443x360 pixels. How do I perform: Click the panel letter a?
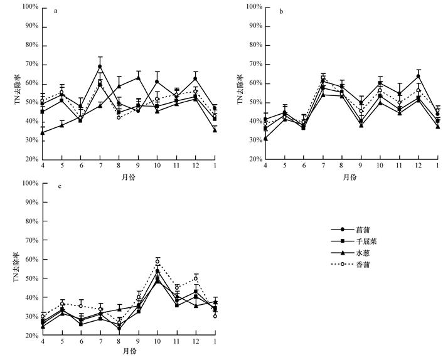56,11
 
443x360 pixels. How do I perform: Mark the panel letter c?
56,188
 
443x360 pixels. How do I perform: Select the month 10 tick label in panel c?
157,344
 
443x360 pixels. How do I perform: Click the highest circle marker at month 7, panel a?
100,66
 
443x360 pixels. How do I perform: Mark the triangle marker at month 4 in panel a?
43,132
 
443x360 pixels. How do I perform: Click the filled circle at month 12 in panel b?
418,77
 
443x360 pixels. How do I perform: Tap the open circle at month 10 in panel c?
157,262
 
